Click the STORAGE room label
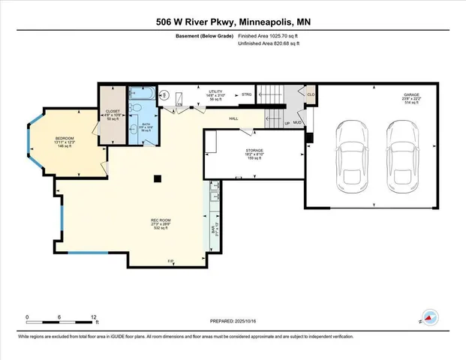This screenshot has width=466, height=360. tap(254, 150)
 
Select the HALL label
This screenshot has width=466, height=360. tap(233, 118)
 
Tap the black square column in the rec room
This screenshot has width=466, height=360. tap(156, 178)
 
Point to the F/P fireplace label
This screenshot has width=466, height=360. tap(170, 260)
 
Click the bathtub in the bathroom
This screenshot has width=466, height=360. tap(140, 94)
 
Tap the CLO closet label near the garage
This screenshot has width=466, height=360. tap(309, 95)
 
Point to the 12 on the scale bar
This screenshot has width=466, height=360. tap(95, 317)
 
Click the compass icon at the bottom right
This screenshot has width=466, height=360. tap(430, 318)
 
